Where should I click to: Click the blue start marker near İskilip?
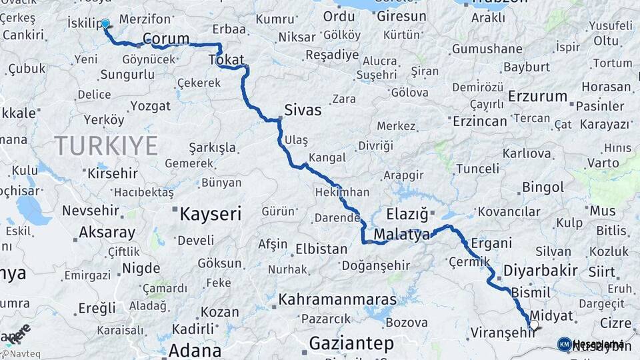pyautogui.click(x=105, y=24)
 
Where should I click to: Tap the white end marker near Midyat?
pyautogui.click(x=533, y=325)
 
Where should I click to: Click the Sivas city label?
pyautogui.click(x=303, y=109)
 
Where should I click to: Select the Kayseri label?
pyautogui.click(x=211, y=213)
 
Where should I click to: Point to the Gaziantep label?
pyautogui.click(x=351, y=344)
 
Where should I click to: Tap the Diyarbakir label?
pyautogui.click(x=540, y=271)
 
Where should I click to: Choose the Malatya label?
pyautogui.click(x=401, y=235)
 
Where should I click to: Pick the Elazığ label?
pyautogui.click(x=407, y=214)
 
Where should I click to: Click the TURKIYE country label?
pyautogui.click(x=106, y=145)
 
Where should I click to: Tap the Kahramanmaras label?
pyautogui.click(x=337, y=299)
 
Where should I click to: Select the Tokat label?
pyautogui.click(x=227, y=60)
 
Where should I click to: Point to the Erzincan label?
pyautogui.click(x=480, y=121)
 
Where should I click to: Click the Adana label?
pyautogui.click(x=195, y=350)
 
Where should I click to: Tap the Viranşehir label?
pyautogui.click(x=503, y=332)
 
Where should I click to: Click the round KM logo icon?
pyautogui.click(x=564, y=344)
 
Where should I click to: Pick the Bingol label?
pyautogui.click(x=543, y=187)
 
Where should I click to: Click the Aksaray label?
pyautogui.click(x=107, y=233)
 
